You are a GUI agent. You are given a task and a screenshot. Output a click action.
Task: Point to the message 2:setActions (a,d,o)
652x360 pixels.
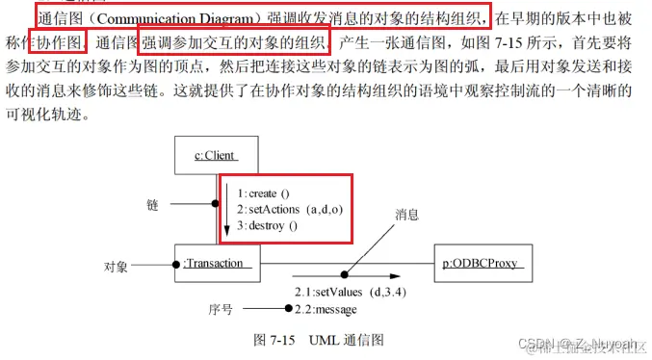point(291,210)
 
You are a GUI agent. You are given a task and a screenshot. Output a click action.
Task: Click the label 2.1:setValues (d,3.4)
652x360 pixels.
point(341,290)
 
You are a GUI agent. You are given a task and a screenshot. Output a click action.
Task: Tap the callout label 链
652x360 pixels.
point(152,205)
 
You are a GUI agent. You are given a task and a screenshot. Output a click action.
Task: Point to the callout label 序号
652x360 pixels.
point(221,309)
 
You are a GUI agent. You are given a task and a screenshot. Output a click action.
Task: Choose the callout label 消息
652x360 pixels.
point(407,216)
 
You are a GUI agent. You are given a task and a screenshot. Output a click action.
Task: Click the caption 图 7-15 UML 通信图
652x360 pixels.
point(318,340)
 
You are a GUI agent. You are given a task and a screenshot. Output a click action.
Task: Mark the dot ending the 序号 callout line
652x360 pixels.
point(288,308)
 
